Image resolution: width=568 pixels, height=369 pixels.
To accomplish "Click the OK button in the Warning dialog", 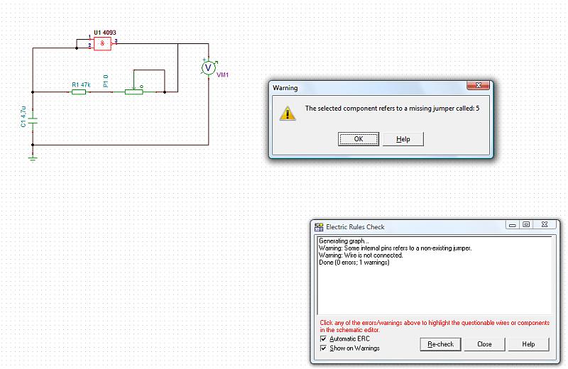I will [x=359, y=139].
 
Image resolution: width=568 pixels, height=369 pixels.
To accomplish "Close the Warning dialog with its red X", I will [x=479, y=87].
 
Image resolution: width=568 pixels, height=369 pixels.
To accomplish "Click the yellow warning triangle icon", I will [x=287, y=113].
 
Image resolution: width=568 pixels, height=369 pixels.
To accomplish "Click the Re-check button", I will [x=441, y=344].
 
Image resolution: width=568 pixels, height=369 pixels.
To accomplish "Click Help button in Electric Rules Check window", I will [x=528, y=344].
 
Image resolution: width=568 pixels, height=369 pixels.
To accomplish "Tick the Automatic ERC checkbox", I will [x=324, y=338].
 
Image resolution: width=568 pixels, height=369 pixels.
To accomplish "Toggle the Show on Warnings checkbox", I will [x=324, y=348].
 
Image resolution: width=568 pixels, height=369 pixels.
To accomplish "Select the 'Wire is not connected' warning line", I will [x=361, y=255].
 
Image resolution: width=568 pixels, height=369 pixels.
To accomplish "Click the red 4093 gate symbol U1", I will [x=103, y=44].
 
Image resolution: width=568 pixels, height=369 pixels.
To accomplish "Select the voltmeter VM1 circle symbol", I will [x=208, y=67].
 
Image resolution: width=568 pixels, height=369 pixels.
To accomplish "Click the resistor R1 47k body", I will [x=79, y=92].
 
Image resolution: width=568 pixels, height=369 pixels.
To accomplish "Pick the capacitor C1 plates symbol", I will [x=33, y=120].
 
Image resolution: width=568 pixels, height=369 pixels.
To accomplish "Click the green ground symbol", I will [x=33, y=158].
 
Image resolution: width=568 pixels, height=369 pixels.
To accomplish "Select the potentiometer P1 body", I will [x=133, y=92].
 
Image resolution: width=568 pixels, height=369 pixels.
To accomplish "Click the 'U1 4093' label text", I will [x=104, y=33].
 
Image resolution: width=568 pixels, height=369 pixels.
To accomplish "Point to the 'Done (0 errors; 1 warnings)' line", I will [x=354, y=263].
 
